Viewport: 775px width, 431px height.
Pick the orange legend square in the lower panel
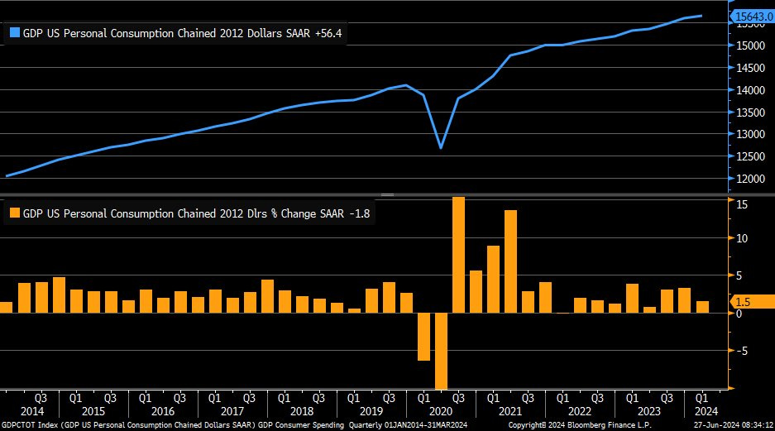(x=14, y=213)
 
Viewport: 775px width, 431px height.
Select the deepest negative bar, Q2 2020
(x=441, y=351)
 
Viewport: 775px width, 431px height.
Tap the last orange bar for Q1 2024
(x=702, y=307)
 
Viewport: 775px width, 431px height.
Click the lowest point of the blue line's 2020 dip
(x=441, y=148)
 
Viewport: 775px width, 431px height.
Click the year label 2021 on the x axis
(x=509, y=411)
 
